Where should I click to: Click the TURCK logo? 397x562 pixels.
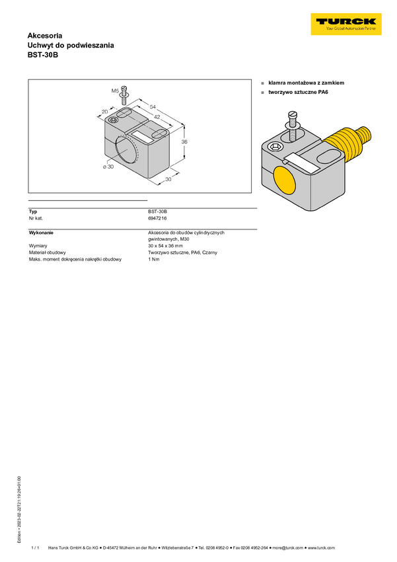346,24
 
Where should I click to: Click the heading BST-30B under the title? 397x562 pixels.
42,55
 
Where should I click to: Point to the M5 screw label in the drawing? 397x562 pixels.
115,91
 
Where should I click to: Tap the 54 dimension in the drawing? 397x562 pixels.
153,107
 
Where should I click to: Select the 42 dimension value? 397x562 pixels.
157,117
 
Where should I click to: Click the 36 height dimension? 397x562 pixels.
184,142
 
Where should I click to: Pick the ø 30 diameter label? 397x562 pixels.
108,167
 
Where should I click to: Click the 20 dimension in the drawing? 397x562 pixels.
104,112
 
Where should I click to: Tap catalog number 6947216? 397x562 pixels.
157,218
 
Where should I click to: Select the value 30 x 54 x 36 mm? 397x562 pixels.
165,246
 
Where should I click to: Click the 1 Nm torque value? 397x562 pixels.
153,259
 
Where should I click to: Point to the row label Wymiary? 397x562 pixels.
38,246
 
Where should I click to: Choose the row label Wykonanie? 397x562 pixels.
41,233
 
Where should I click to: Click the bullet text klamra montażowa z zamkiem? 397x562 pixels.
306,83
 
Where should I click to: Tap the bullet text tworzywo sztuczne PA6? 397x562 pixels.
298,92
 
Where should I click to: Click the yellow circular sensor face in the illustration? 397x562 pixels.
284,181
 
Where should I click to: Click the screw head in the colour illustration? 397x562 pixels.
293,115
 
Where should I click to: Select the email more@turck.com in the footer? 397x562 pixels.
287,547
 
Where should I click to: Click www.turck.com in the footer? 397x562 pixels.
321,547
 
